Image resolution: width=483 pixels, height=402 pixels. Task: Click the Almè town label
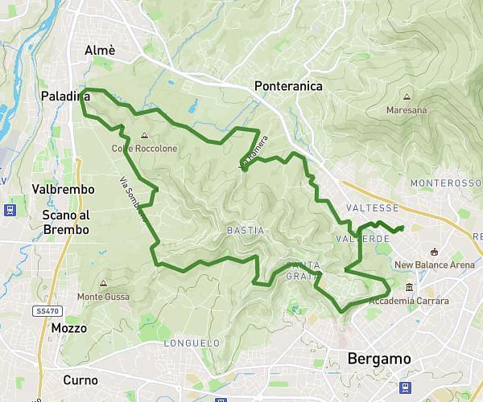point(101,51)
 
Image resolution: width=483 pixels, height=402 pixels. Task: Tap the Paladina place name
point(65,97)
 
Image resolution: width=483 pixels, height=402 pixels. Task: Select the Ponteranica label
point(287,86)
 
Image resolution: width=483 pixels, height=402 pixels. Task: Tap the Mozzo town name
point(68,328)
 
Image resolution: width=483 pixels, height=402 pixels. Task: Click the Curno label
point(80,379)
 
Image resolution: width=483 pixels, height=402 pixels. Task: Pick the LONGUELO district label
point(192,343)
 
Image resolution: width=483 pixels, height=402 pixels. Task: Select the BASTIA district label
point(245,231)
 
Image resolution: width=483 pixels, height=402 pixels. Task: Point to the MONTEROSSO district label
point(445,183)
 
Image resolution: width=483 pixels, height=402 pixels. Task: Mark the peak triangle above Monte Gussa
point(103,283)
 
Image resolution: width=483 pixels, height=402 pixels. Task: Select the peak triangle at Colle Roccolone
point(143,136)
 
